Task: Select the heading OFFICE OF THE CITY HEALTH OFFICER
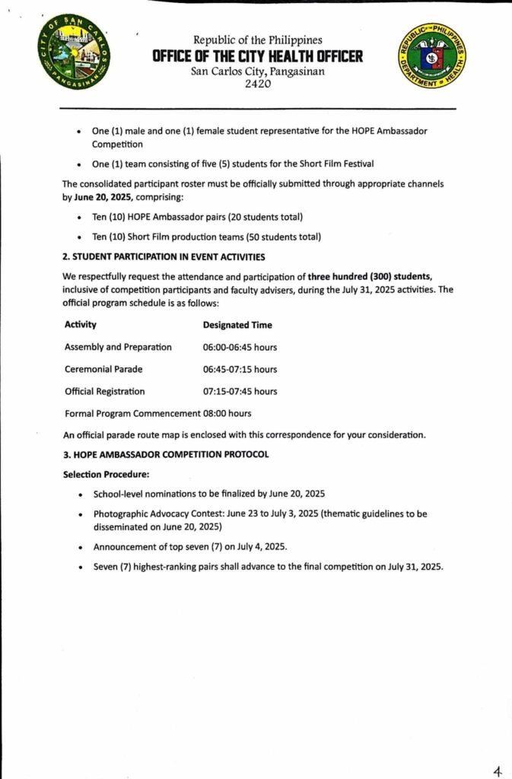coord(257,56)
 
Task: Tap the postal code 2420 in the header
coord(257,84)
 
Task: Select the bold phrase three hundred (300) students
coord(370,276)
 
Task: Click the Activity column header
coord(81,325)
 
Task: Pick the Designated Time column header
coord(237,325)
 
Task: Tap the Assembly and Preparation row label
coord(118,348)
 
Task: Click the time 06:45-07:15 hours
coord(240,370)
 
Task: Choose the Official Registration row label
coord(104,392)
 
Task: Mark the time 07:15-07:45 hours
coord(240,392)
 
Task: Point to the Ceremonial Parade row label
coord(103,370)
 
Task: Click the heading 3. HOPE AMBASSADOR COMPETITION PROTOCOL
coord(166,455)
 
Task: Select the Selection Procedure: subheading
coord(106,474)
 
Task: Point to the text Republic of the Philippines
coord(257,40)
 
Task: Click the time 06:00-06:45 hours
coord(240,348)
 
